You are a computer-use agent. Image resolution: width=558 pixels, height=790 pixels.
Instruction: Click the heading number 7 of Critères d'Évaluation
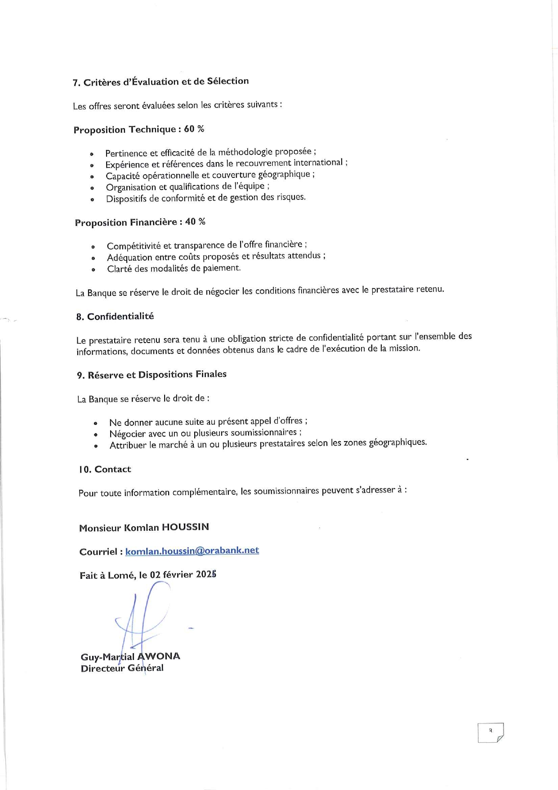click(x=76, y=83)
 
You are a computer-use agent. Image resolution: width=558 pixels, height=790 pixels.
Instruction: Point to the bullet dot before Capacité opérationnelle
click(x=92, y=177)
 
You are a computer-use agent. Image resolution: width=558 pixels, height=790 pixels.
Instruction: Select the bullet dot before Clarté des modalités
click(x=94, y=270)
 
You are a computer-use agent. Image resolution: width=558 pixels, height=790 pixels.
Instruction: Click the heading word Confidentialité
click(x=121, y=316)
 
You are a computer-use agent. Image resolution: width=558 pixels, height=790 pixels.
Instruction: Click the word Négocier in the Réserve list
click(x=128, y=434)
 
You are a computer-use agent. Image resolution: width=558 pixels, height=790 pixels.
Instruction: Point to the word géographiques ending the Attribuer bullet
click(x=397, y=442)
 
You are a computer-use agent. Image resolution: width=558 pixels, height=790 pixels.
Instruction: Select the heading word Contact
click(x=113, y=469)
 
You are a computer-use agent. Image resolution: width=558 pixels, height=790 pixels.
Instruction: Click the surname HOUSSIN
click(x=185, y=527)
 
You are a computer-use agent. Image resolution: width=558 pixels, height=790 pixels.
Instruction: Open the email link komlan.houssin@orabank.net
click(x=192, y=551)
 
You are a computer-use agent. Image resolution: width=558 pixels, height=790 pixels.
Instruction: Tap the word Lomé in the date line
click(x=121, y=575)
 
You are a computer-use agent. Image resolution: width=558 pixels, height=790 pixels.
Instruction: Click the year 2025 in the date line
click(x=206, y=574)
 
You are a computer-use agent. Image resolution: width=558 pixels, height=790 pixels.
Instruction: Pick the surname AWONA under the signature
click(x=158, y=656)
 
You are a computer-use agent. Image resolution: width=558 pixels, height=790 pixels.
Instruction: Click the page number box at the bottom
click(x=491, y=732)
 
